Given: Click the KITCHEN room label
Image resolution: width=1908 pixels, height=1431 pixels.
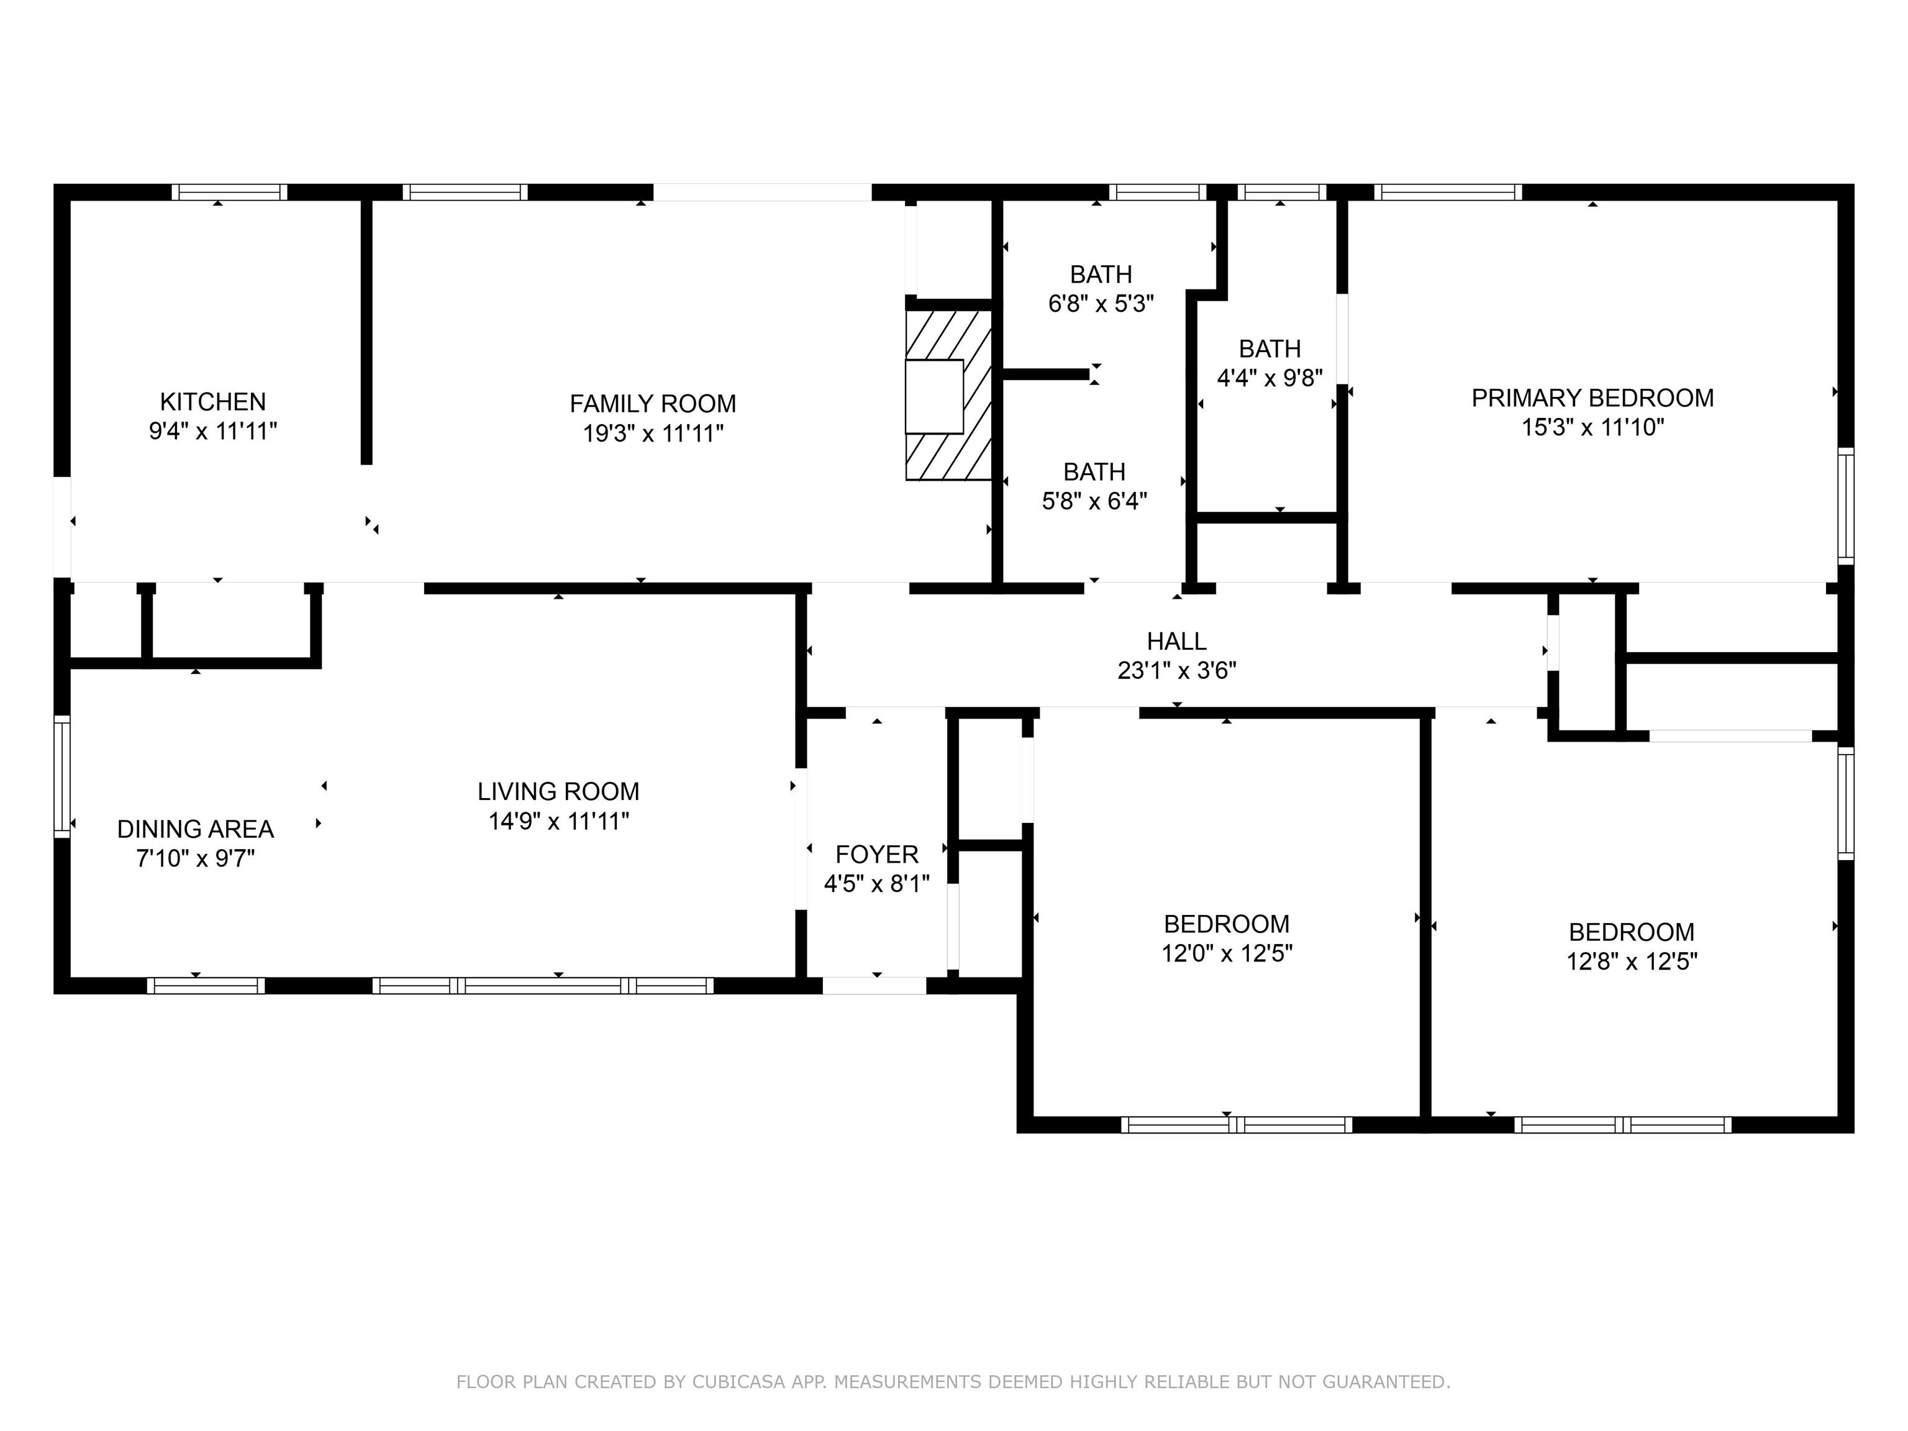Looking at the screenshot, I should pyautogui.click(x=212, y=401).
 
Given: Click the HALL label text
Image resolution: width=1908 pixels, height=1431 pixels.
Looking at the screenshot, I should pyautogui.click(x=1176, y=641).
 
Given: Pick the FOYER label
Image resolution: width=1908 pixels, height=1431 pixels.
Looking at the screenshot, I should pyautogui.click(x=876, y=854).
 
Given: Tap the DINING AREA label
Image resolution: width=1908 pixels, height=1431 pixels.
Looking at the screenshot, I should pyautogui.click(x=195, y=829).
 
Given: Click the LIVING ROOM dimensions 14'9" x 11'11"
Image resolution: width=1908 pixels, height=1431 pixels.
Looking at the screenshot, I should pyautogui.click(x=558, y=821).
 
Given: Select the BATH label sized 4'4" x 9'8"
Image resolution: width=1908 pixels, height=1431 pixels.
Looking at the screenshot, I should pyautogui.click(x=1270, y=348).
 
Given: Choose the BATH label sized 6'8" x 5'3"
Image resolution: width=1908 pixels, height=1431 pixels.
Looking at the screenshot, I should pyautogui.click(x=1101, y=275).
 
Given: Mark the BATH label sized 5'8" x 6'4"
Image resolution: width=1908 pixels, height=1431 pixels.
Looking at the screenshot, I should pyautogui.click(x=1094, y=472).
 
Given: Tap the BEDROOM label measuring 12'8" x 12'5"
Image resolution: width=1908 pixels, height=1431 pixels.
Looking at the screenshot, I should pyautogui.click(x=1631, y=932).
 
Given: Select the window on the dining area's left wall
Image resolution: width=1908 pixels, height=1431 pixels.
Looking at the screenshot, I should pyautogui.click(x=61, y=776).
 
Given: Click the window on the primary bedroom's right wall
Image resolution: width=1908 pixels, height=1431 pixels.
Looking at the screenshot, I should pyautogui.click(x=1845, y=506).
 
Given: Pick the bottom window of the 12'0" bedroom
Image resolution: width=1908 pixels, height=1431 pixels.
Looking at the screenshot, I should pyautogui.click(x=1236, y=1124).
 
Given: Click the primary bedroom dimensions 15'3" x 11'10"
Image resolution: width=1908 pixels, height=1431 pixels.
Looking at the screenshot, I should pyautogui.click(x=1592, y=427).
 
